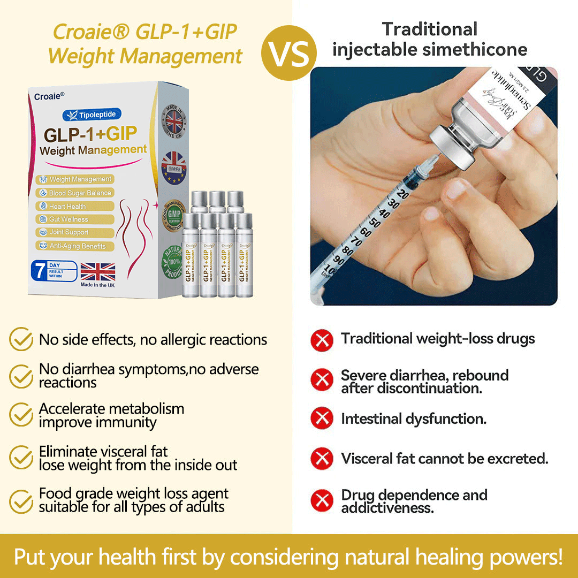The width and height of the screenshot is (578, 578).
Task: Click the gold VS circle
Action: click(288, 54)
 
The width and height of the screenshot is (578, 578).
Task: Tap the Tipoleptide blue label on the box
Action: click(92, 114)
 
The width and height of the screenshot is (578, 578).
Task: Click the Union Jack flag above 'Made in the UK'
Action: click(97, 272)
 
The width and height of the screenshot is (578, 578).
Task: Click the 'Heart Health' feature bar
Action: click(75, 206)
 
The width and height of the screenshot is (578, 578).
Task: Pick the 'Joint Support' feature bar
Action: click(75, 232)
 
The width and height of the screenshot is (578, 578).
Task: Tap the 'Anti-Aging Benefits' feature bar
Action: click(75, 246)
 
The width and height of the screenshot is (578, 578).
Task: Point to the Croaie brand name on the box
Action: click(49, 96)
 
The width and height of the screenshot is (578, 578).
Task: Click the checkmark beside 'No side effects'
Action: click(21, 339)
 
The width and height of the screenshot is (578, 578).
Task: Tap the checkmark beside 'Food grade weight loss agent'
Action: click(21, 500)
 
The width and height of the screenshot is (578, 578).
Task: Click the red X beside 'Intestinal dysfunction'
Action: click(322, 419)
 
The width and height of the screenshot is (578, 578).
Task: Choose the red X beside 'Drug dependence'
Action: click(322, 501)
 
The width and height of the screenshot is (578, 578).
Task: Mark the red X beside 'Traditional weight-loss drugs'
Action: click(322, 340)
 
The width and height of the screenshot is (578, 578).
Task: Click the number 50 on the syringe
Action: click(375, 222)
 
